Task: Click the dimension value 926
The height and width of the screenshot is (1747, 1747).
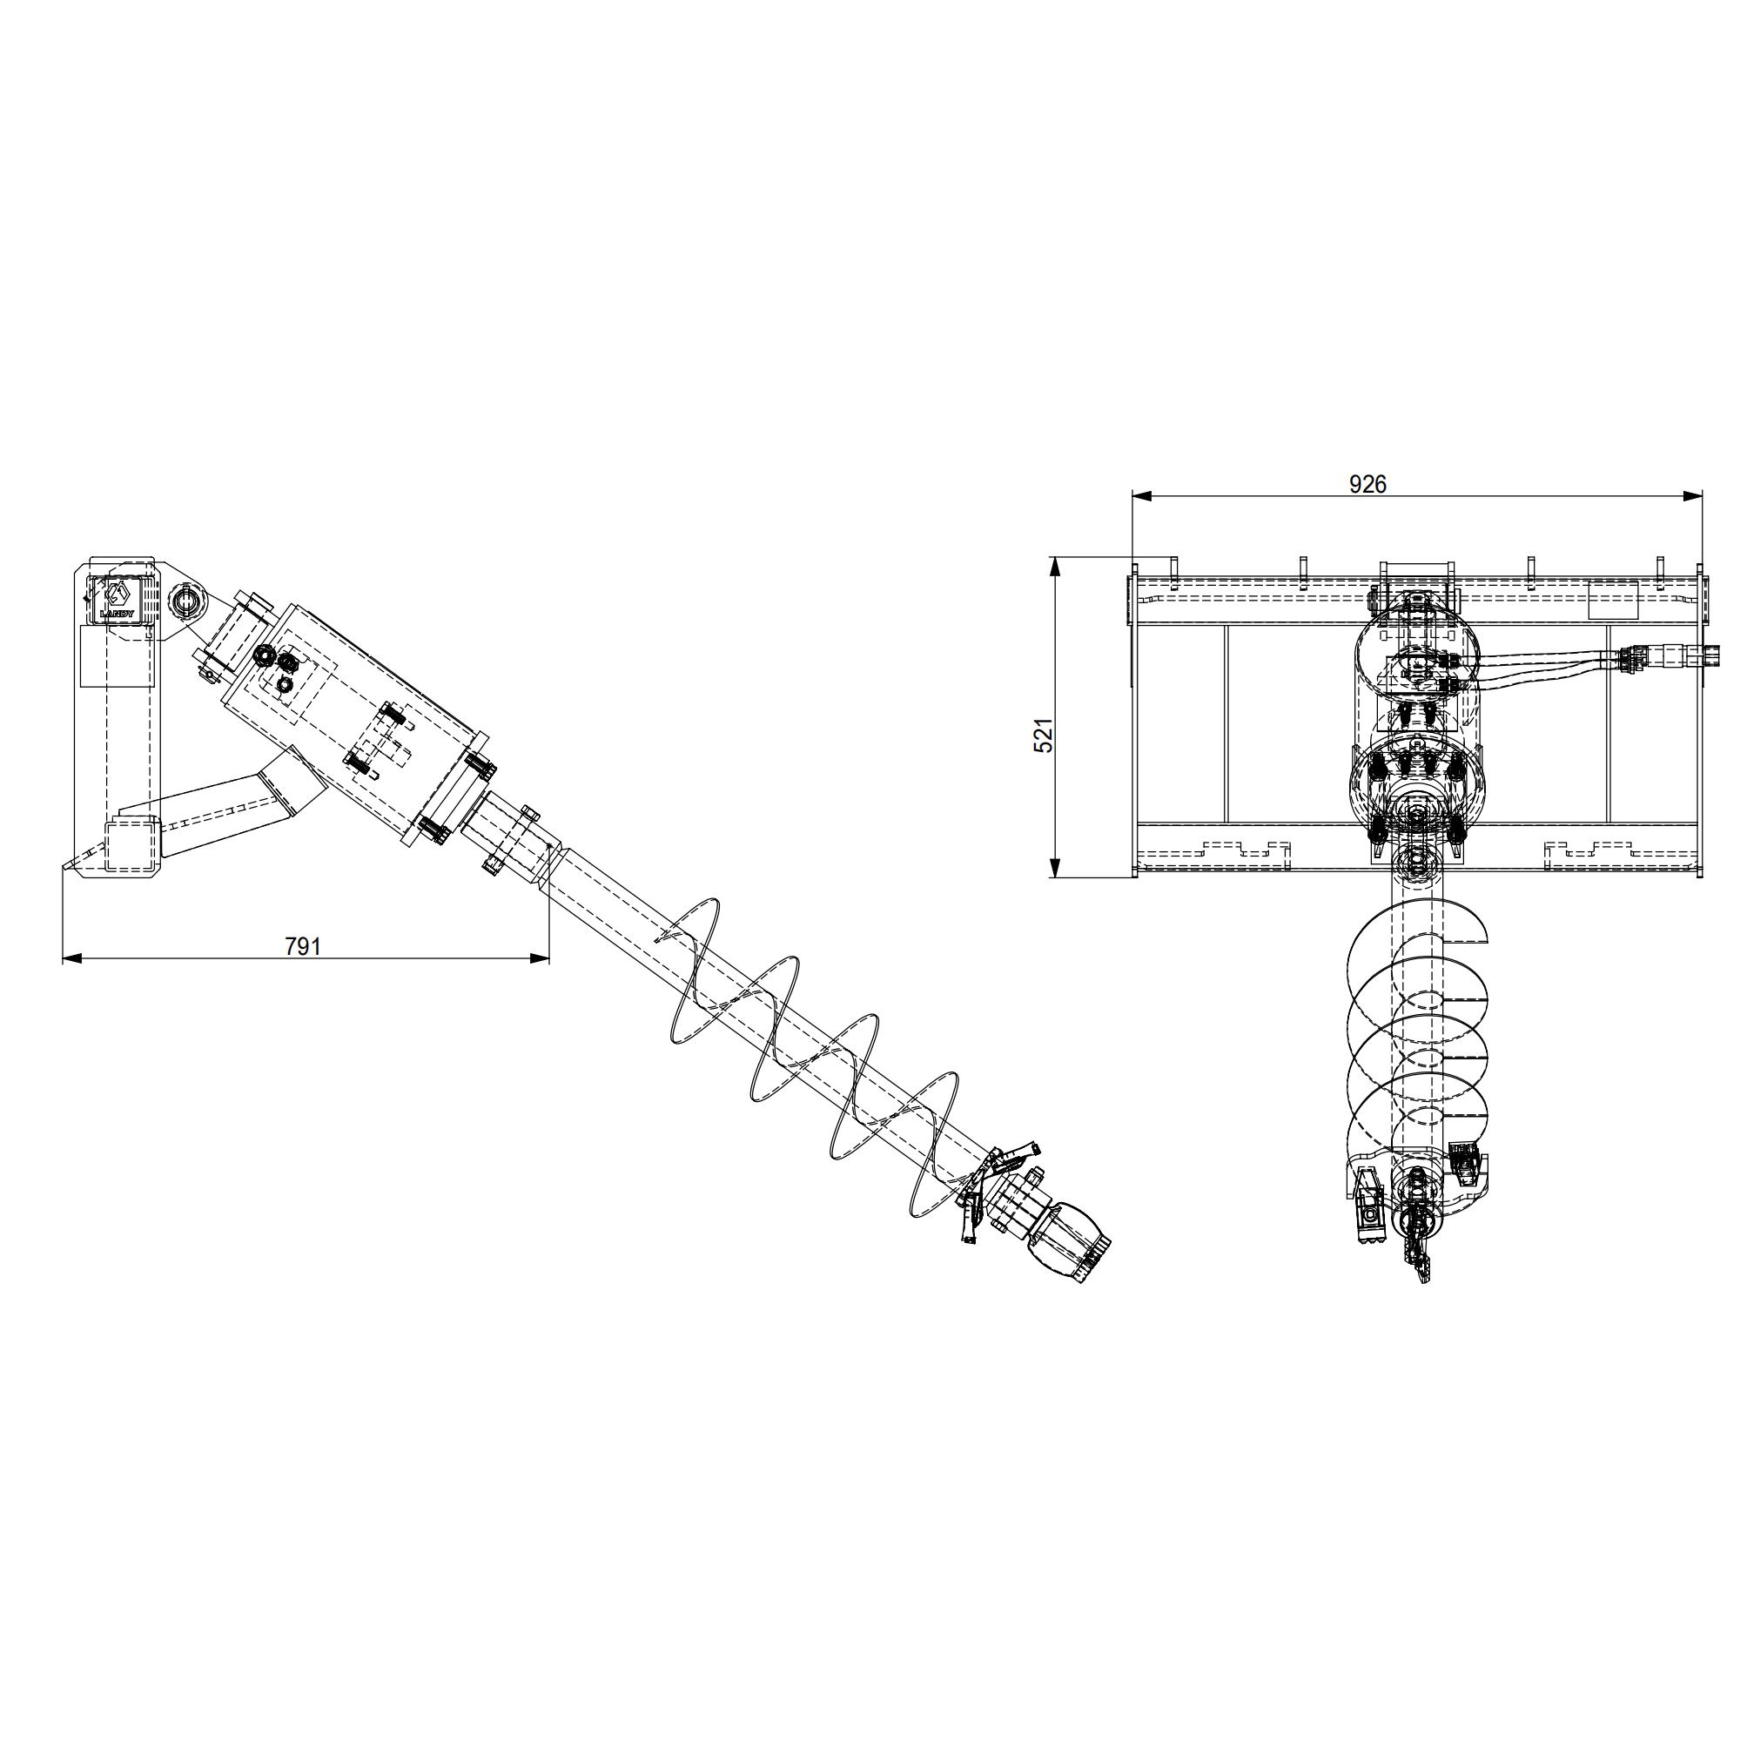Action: coord(1367,485)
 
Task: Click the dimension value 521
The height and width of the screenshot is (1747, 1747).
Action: coord(1044,736)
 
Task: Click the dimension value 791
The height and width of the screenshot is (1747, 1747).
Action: coord(303,946)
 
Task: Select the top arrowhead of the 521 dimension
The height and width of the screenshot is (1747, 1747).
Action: coord(1054,565)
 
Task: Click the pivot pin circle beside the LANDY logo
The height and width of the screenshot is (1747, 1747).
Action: coord(187,599)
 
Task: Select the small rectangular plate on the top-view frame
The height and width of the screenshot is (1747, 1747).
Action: coord(1613,600)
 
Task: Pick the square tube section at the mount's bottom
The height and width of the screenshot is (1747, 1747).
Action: coord(132,846)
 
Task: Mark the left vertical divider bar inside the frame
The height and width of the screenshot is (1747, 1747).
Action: coord(1226,723)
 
